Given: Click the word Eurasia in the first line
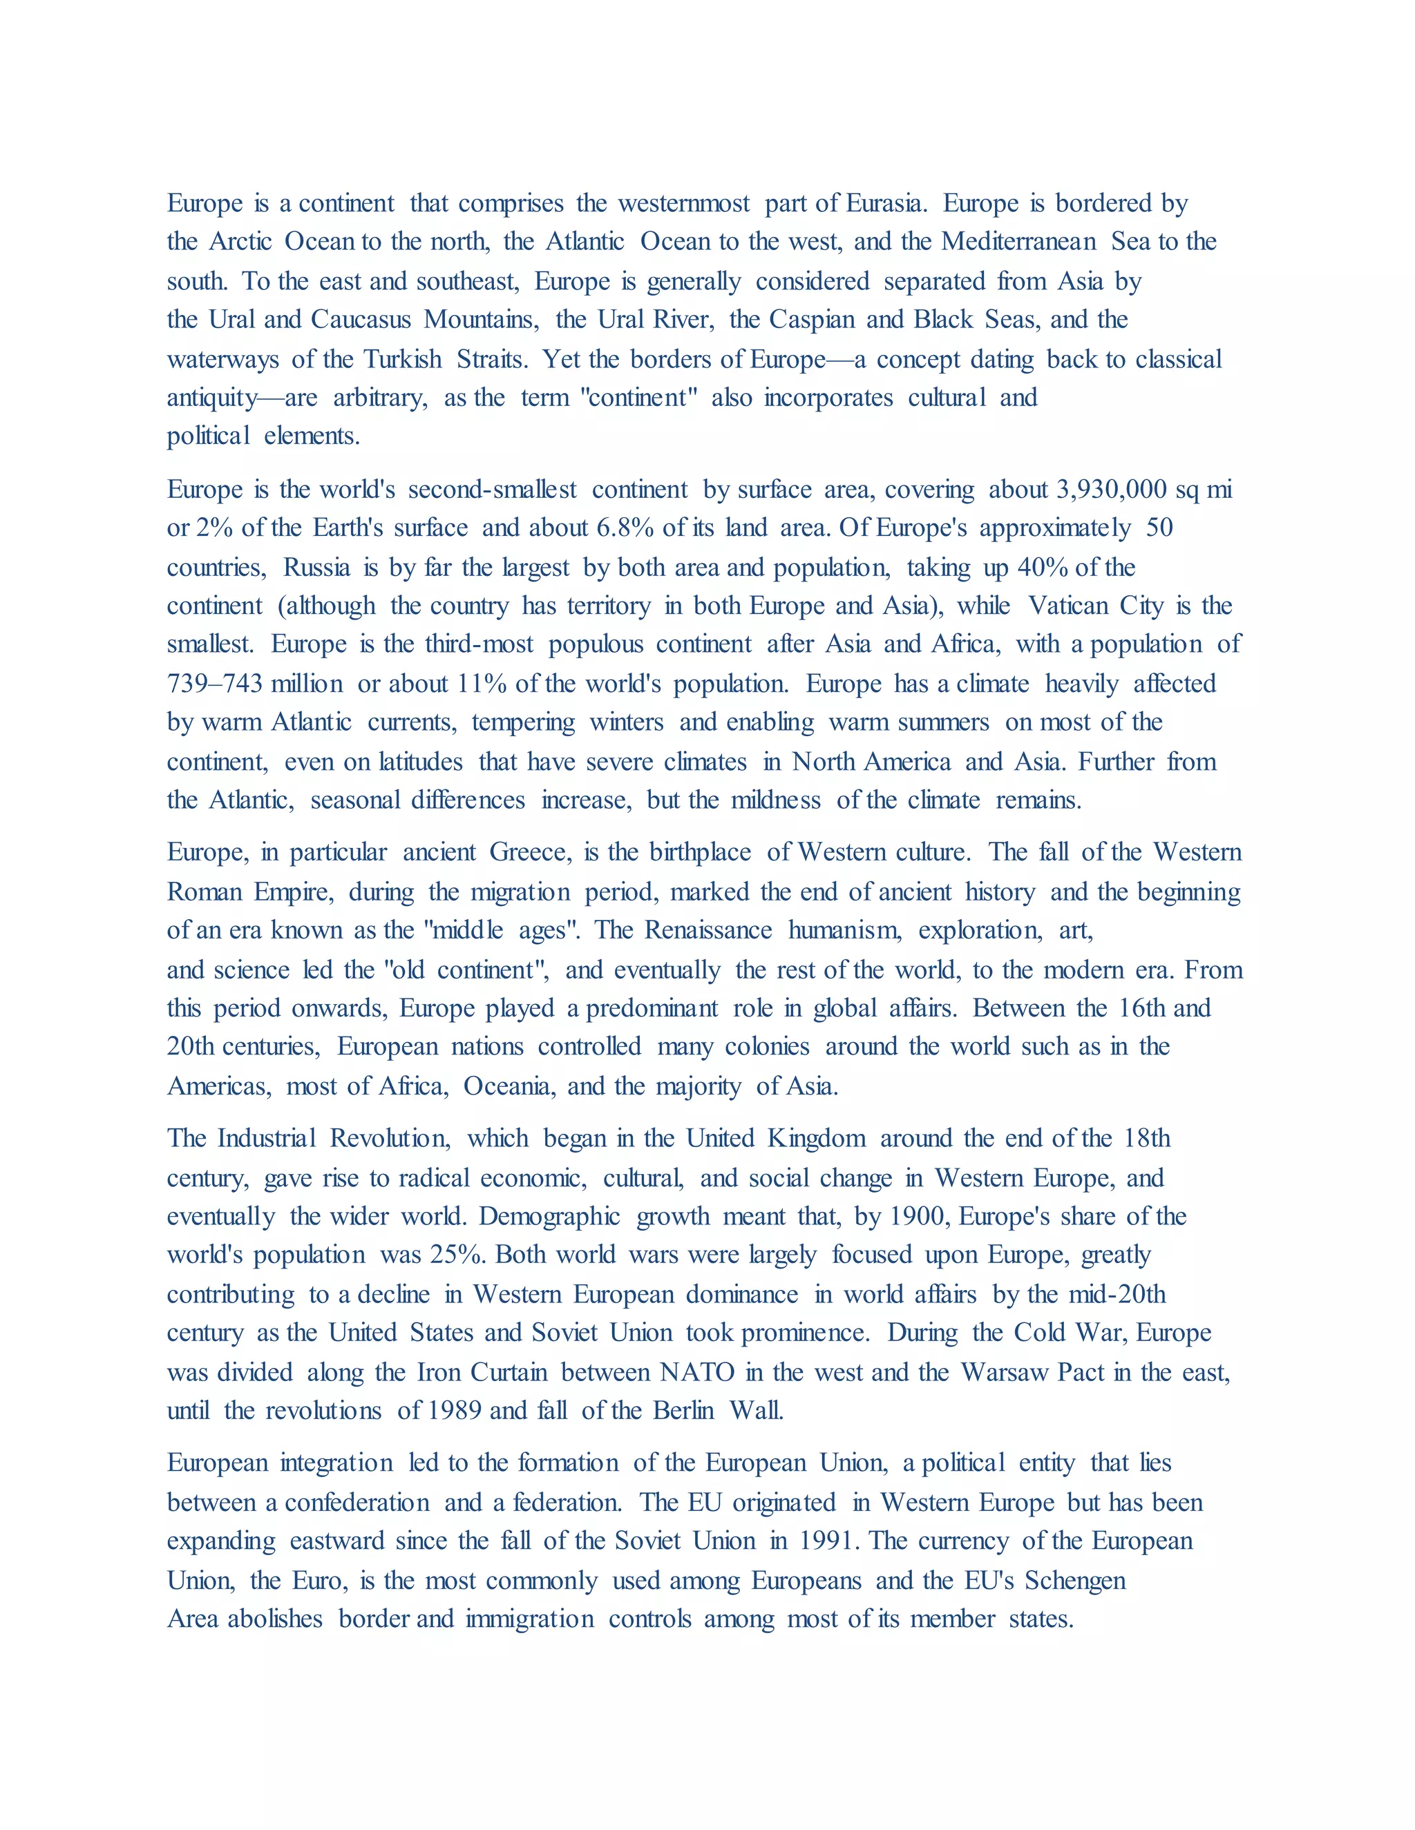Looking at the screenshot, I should (886, 204).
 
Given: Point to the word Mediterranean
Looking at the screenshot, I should (1018, 242).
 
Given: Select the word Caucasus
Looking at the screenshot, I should (361, 320).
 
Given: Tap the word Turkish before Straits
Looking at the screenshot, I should (402, 360).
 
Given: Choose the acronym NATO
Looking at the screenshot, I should (696, 1373).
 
